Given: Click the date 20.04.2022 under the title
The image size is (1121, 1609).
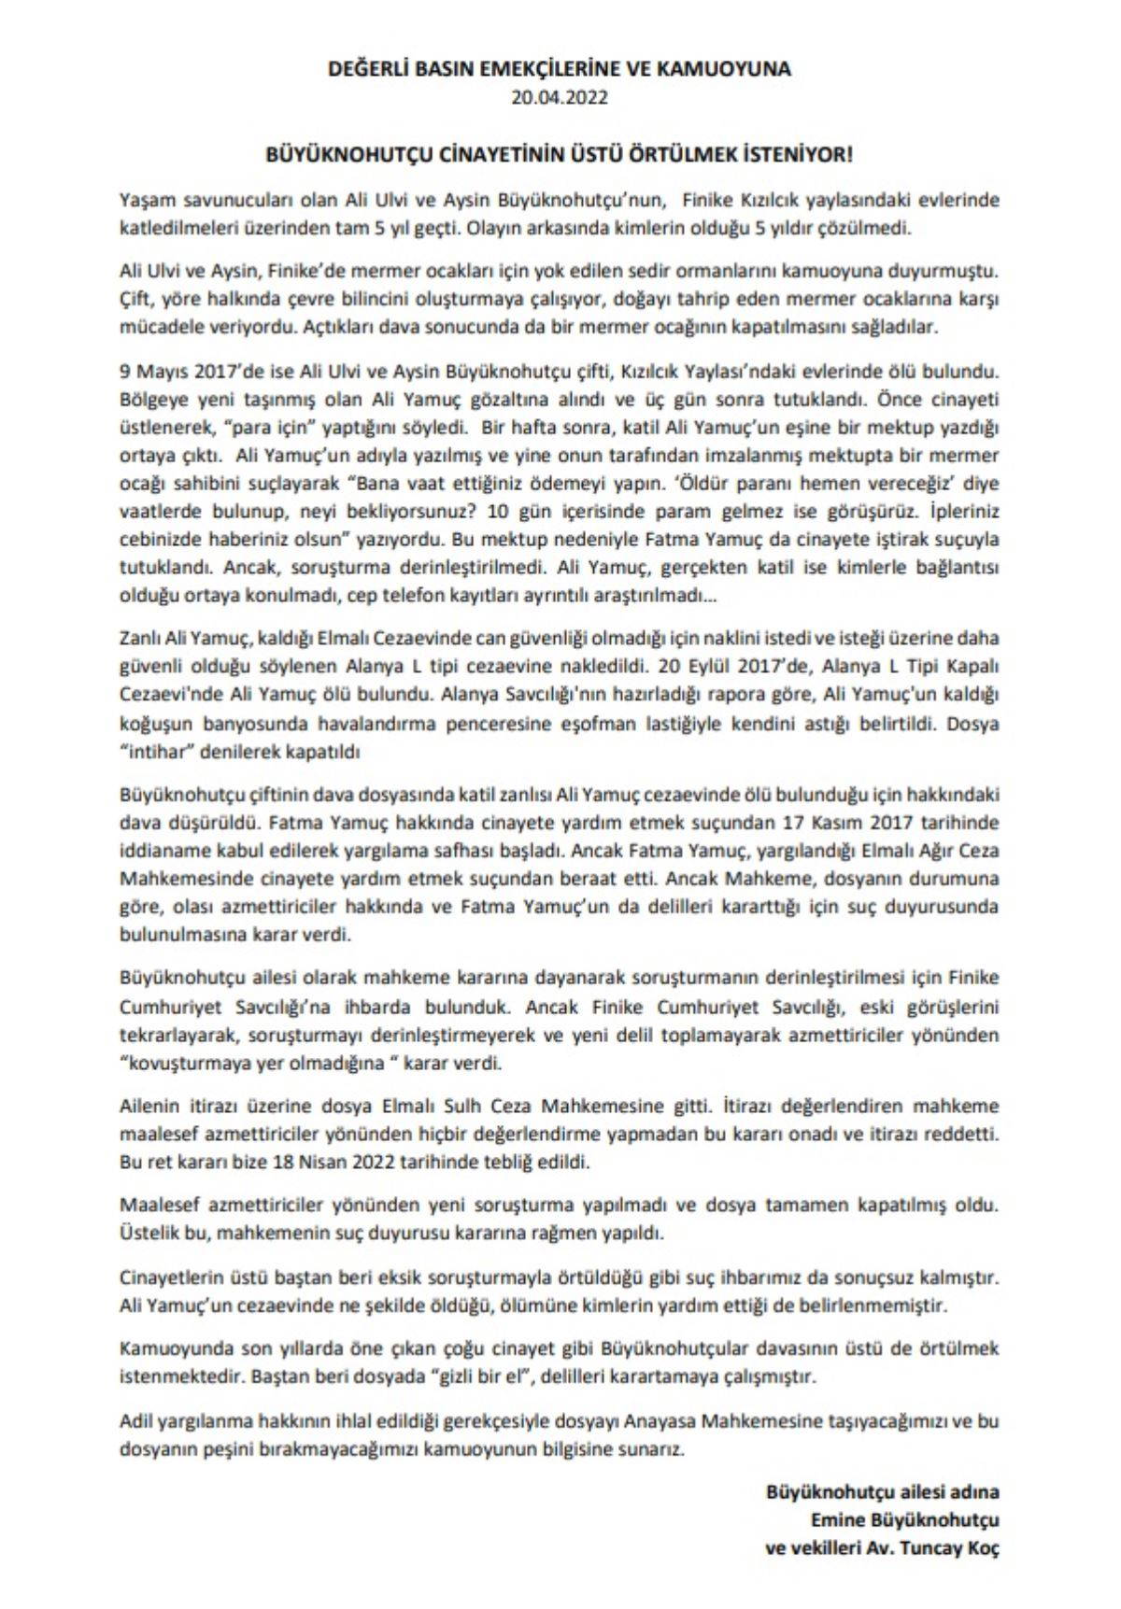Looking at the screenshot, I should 560,95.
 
